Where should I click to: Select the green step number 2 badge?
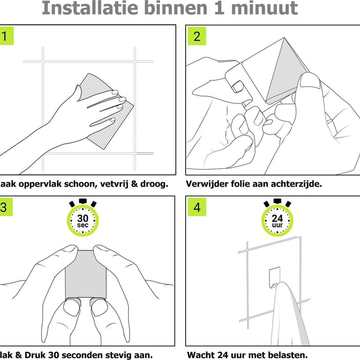point(197,37)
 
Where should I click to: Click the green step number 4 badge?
point(197,208)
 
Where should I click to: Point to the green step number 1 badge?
point(5,37)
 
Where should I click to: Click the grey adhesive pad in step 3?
point(85,273)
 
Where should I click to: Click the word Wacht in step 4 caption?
point(202,354)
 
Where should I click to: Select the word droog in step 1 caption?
point(153,184)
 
